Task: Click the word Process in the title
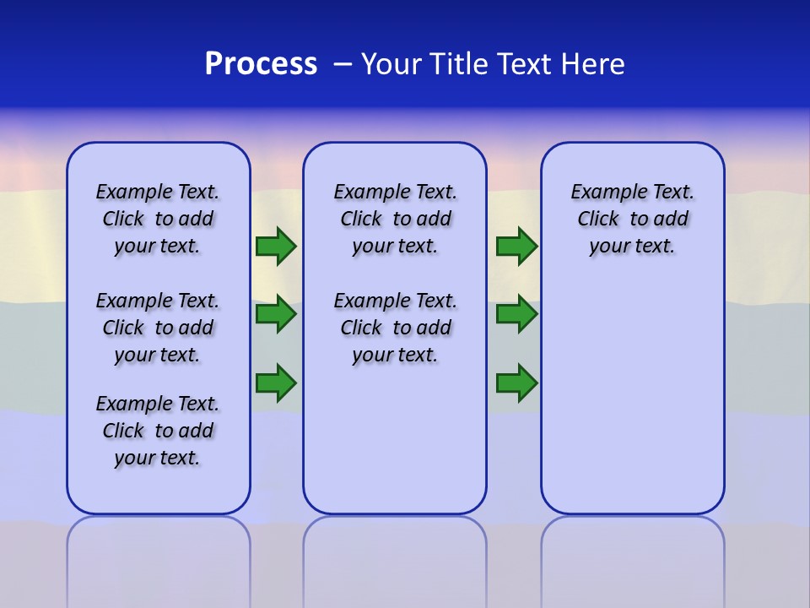[261, 64]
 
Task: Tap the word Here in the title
[592, 64]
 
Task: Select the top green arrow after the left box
[276, 247]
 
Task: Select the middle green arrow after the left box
[276, 315]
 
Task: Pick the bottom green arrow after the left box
[276, 383]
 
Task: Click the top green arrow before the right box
[516, 247]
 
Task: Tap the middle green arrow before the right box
[516, 315]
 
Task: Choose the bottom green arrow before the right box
[516, 383]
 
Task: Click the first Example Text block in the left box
[158, 219]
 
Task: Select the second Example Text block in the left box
[158, 328]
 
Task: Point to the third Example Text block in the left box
[158, 431]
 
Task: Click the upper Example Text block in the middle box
[395, 219]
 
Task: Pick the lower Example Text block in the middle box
[395, 328]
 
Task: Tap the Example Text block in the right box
[632, 219]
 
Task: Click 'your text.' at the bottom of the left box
[158, 458]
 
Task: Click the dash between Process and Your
[343, 64]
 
